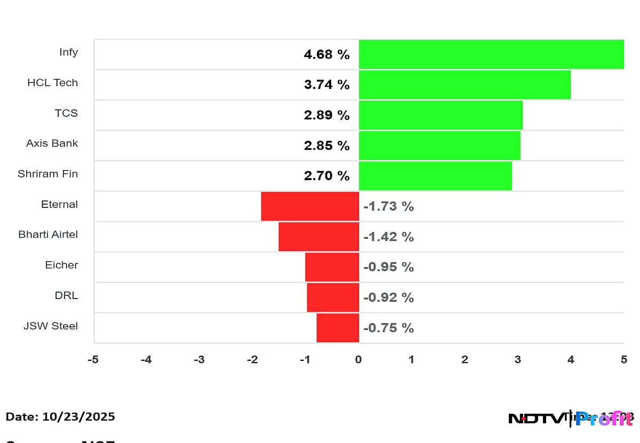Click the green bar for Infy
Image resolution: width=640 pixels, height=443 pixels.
[x=491, y=54]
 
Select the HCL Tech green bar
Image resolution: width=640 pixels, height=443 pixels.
[x=464, y=85]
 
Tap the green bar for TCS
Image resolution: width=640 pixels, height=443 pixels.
[x=440, y=115]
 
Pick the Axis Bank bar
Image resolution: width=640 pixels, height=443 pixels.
[x=439, y=146]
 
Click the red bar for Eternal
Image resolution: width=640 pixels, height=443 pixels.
[x=310, y=206]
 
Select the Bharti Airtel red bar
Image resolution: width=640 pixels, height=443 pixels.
[x=318, y=236]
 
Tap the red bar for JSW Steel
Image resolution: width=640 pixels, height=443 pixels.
[x=338, y=327]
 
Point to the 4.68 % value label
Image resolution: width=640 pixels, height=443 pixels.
[x=326, y=54]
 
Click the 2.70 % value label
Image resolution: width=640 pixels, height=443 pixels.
[x=326, y=176]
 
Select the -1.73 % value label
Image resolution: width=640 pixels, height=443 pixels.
[x=388, y=206]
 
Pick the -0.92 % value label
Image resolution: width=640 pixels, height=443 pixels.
[x=388, y=297]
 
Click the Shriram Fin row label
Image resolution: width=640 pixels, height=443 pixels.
[x=47, y=174]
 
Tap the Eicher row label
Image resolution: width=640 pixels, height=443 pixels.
[x=61, y=265]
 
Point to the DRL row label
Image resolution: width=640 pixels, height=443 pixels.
[x=66, y=295]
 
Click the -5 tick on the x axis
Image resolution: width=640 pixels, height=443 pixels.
[x=93, y=360]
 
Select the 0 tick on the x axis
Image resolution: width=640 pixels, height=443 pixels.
[x=358, y=360]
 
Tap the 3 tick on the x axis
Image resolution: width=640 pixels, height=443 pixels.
[x=517, y=360]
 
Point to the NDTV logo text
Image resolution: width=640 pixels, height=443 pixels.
[x=535, y=419]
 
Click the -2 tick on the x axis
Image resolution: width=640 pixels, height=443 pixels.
[x=252, y=360]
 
